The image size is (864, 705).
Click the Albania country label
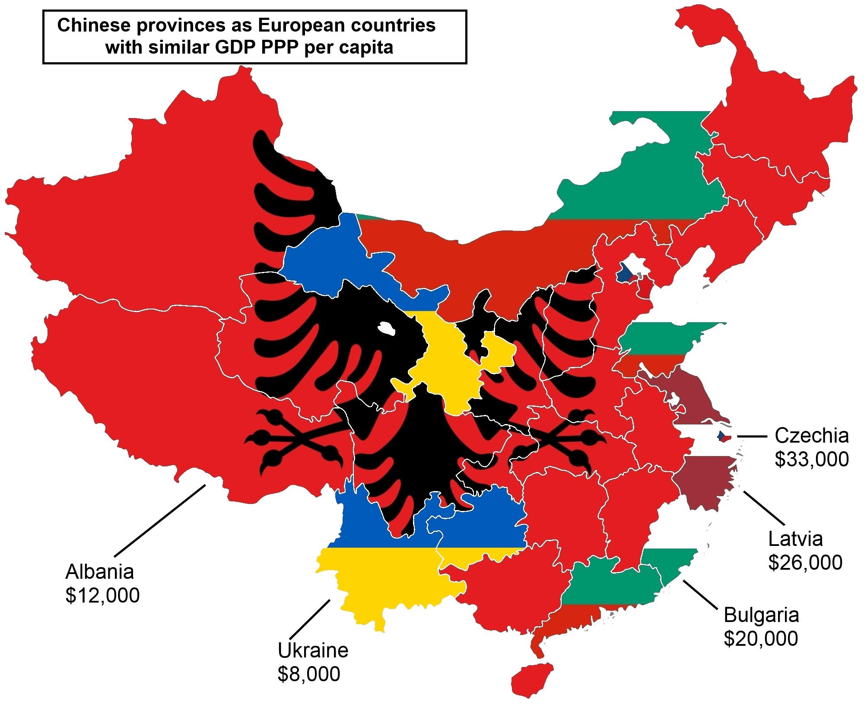point(99,572)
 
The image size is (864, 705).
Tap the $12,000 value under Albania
point(102,595)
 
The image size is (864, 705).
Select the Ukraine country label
point(313,650)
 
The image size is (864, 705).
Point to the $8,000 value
point(308,674)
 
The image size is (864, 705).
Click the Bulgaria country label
point(761,615)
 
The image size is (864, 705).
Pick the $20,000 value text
point(761,638)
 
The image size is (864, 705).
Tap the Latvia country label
point(795,539)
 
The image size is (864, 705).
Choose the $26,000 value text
point(805,562)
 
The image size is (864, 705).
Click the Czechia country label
point(811,435)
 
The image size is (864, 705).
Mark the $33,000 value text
point(811,459)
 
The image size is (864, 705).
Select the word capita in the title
point(367,48)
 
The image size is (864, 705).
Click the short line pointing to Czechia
point(753,437)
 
